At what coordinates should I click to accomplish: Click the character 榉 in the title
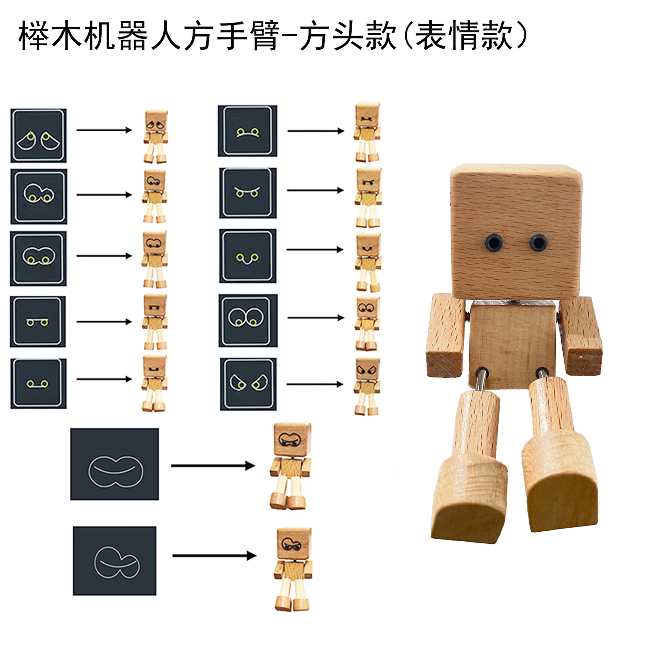pyautogui.click(x=34, y=36)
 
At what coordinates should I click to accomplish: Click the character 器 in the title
pyautogui.click(x=132, y=36)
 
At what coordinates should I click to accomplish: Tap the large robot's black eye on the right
pyautogui.click(x=538, y=243)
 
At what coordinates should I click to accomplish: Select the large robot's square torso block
pyautogui.click(x=512, y=345)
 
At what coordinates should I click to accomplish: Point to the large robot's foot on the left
pyautogui.click(x=469, y=496)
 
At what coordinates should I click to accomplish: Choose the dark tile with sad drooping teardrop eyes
pyautogui.click(x=38, y=136)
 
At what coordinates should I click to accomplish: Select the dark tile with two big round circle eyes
pyautogui.click(x=248, y=320)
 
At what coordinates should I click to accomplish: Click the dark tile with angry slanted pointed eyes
pyautogui.click(x=248, y=384)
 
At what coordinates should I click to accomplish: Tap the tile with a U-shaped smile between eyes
pyautogui.click(x=247, y=256)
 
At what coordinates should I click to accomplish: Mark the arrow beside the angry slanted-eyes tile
pyautogui.click(x=315, y=384)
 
